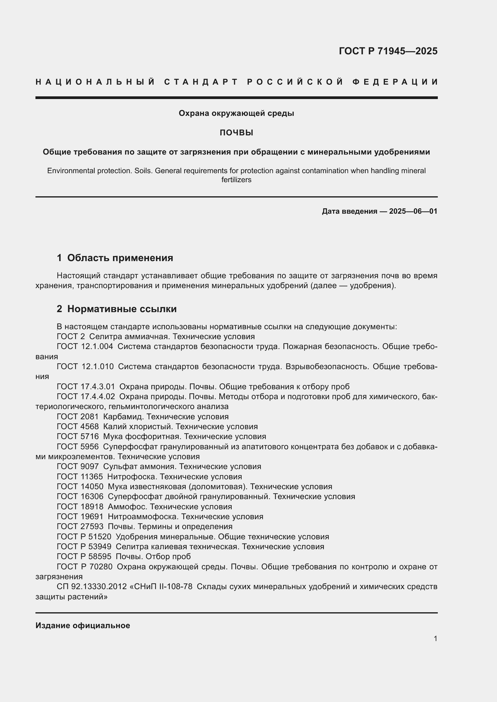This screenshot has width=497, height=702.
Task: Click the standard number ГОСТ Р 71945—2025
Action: pos(388,51)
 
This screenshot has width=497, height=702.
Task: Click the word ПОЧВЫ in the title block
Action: pos(236,133)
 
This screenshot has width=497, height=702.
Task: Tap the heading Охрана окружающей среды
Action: pos(236,113)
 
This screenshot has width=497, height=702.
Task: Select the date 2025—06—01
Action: pos(413,211)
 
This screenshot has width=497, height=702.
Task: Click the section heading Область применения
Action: pos(120,258)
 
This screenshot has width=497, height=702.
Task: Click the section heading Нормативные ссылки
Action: pos(122,309)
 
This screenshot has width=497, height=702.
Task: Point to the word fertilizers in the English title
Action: pos(236,180)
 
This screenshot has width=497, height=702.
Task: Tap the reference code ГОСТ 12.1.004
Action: pos(85,347)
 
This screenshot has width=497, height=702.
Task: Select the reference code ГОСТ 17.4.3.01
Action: pos(86,387)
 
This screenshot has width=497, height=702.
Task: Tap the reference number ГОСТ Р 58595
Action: pos(84,556)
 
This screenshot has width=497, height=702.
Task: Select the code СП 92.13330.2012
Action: pos(92,586)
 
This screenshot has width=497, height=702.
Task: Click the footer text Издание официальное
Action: pos(83,625)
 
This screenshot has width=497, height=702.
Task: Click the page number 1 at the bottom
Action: pos(435,638)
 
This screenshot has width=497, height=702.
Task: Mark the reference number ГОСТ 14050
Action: pos(80,487)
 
